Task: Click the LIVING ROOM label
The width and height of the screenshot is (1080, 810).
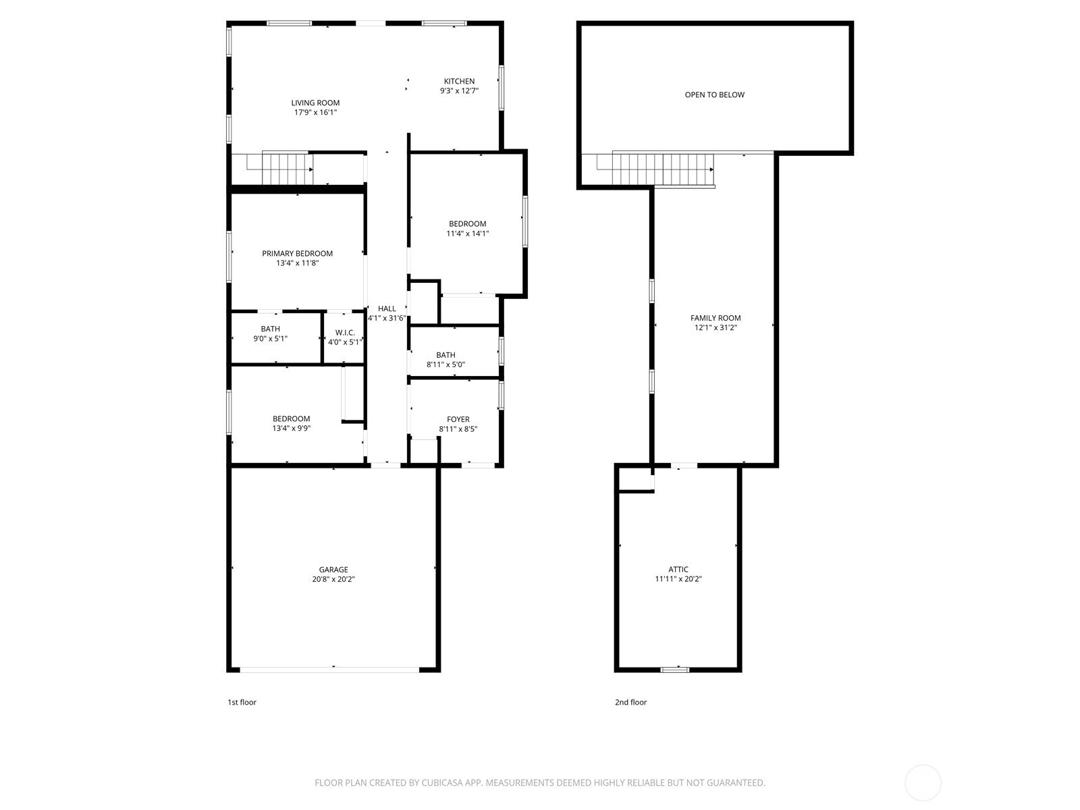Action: [x=315, y=103]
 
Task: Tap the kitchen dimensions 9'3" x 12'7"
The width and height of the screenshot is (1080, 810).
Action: [x=459, y=90]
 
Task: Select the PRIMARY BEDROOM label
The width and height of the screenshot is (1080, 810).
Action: [x=297, y=253]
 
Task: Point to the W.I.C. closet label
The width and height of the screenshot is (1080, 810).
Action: [x=345, y=333]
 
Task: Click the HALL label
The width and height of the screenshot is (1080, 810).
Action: [x=387, y=308]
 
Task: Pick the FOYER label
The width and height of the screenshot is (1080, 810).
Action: [x=458, y=419]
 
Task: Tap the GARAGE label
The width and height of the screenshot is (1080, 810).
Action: [x=333, y=570]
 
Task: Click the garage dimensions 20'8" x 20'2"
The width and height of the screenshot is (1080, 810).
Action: [x=333, y=579]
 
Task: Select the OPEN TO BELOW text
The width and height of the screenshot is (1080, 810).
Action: [x=714, y=94]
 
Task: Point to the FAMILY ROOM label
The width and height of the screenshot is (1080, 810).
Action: [x=715, y=318]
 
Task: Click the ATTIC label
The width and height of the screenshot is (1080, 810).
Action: [x=678, y=569]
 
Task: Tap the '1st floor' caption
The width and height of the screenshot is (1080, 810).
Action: [x=242, y=702]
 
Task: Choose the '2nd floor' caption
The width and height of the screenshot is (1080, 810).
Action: [x=630, y=702]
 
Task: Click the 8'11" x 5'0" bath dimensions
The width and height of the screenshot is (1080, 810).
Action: [x=446, y=364]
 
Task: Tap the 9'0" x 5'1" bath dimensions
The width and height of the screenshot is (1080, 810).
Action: [x=270, y=338]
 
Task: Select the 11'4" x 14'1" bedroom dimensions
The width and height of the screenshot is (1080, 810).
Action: [x=467, y=234]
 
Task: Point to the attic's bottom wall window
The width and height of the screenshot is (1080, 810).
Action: [x=674, y=670]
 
